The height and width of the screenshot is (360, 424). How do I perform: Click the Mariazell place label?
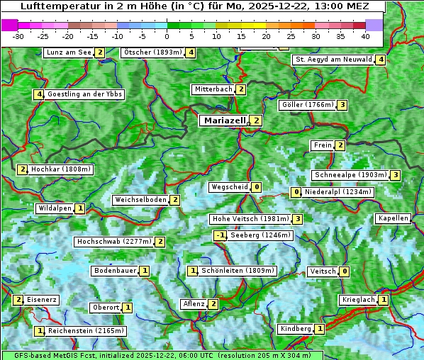click(224, 120)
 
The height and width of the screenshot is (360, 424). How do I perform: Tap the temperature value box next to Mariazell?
click(256, 120)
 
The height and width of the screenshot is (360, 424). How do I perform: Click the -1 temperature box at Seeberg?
click(221, 235)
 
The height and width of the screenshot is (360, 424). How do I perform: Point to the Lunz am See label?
click(68, 52)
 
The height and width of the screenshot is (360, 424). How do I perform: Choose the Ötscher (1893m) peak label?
click(152, 52)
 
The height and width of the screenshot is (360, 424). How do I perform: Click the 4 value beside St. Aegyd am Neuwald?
click(381, 60)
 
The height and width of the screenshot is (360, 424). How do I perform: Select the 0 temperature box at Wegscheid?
click(256, 187)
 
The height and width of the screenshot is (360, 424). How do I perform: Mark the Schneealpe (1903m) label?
click(350, 175)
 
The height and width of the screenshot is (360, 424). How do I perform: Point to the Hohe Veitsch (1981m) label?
click(250, 219)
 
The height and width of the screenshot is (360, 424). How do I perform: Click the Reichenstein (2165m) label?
click(86, 331)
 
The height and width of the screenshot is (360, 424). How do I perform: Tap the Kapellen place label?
click(394, 218)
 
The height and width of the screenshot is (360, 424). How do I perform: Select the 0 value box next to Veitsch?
click(344, 271)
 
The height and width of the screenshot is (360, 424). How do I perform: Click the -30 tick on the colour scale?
click(18, 35)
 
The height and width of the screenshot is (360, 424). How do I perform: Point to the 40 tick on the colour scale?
click(365, 35)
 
